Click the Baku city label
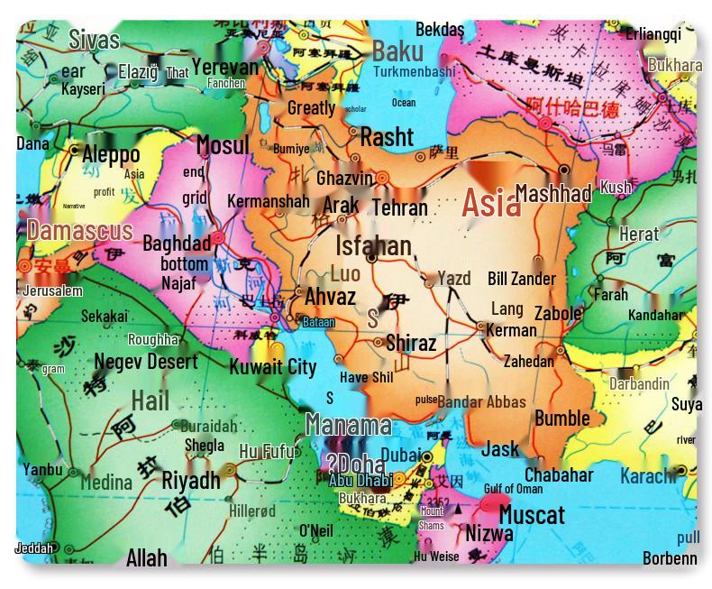click(x=397, y=50)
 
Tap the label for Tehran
click(x=399, y=207)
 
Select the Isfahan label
click(x=373, y=245)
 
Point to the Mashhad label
click(x=552, y=193)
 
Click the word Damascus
click(x=79, y=230)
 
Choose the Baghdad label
click(x=176, y=243)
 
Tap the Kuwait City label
click(x=272, y=366)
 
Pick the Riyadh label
click(x=190, y=480)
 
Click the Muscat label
click(x=531, y=515)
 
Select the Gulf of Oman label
click(x=513, y=489)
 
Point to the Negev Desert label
click(x=145, y=362)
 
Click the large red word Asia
click(x=491, y=204)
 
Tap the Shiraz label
click(x=410, y=343)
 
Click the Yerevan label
click(x=224, y=67)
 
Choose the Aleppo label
click(x=110, y=154)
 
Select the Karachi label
click(x=647, y=475)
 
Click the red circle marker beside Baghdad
click(x=218, y=239)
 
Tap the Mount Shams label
click(x=431, y=518)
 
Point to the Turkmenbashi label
click(x=414, y=71)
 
